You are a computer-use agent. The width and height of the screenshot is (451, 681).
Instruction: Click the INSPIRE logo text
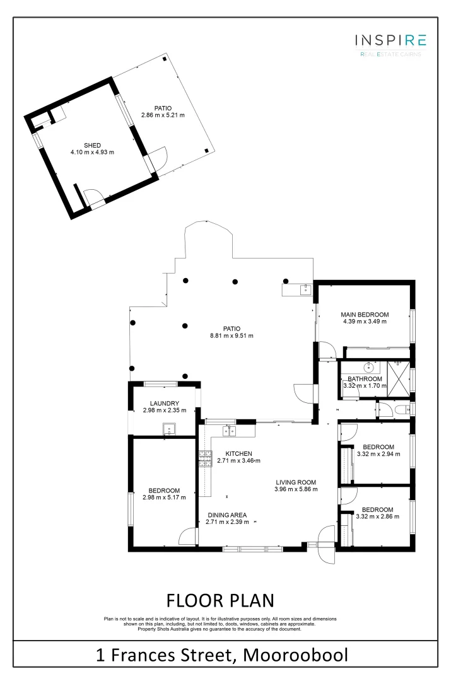pos(390,41)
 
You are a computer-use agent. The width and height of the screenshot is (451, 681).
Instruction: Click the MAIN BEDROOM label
pos(365,314)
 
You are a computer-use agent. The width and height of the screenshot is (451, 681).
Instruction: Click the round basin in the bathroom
pos(368,367)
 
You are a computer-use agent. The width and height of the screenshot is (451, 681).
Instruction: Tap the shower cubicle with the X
pos(398,379)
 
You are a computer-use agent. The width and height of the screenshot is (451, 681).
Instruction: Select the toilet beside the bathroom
pos(401,410)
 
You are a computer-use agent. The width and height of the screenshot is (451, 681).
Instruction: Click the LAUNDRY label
pos(165,404)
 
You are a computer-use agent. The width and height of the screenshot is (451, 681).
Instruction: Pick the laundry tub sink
pos(169,430)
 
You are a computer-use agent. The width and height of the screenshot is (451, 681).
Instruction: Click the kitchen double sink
pos(230,431)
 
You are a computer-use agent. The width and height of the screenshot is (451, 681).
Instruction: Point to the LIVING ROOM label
pos(296,482)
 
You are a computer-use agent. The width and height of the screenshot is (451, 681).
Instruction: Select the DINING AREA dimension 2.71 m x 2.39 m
pos(227,523)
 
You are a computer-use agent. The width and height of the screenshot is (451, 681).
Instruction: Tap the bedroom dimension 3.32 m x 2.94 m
pos(378,453)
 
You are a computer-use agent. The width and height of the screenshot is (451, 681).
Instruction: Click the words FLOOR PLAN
pos(220,599)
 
